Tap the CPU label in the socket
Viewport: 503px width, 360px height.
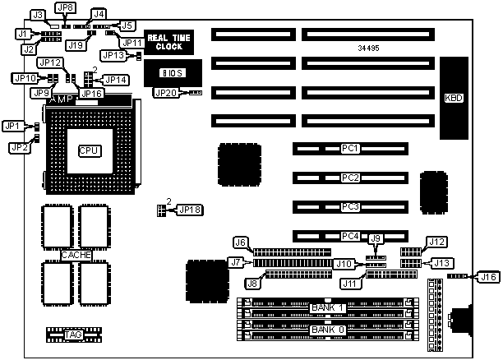coord(89,150)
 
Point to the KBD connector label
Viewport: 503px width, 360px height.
coord(453,98)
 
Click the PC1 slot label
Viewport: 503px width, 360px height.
coord(350,149)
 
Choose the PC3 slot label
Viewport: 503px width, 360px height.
coord(350,206)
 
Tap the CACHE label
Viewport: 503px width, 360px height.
coord(76,255)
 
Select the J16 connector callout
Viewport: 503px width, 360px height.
coord(488,277)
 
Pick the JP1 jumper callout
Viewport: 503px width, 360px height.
coord(12,127)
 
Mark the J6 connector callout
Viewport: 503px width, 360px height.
coord(241,242)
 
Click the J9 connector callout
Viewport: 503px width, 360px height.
coord(376,239)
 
